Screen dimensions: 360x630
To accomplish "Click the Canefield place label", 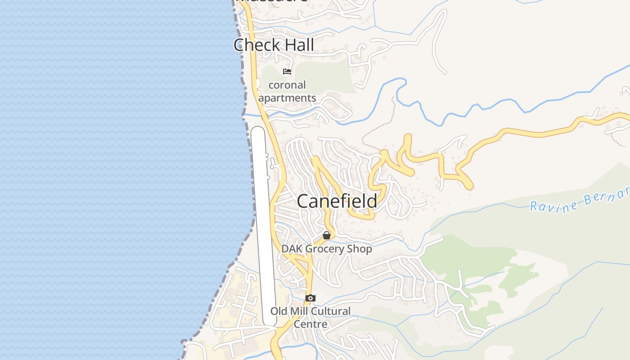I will (x=337, y=201).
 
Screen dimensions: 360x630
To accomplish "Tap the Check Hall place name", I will (x=274, y=45).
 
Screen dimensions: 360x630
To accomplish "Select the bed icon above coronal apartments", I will (x=287, y=72).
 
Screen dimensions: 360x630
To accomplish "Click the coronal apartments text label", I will (x=287, y=91).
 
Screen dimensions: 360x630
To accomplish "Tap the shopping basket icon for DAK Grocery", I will (x=327, y=235).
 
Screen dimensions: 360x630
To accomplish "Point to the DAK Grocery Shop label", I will (x=327, y=249).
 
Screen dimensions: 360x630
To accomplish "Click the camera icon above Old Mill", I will (x=310, y=298).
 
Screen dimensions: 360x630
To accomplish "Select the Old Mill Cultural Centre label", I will (x=310, y=317).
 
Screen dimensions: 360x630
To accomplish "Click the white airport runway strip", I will (x=263, y=225).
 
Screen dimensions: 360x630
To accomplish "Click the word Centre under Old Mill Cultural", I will (x=310, y=324).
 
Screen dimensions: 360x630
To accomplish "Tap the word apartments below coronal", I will (x=287, y=98).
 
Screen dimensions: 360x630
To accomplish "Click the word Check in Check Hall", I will (x=255, y=45).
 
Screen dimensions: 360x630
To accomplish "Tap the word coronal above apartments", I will (x=287, y=85).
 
